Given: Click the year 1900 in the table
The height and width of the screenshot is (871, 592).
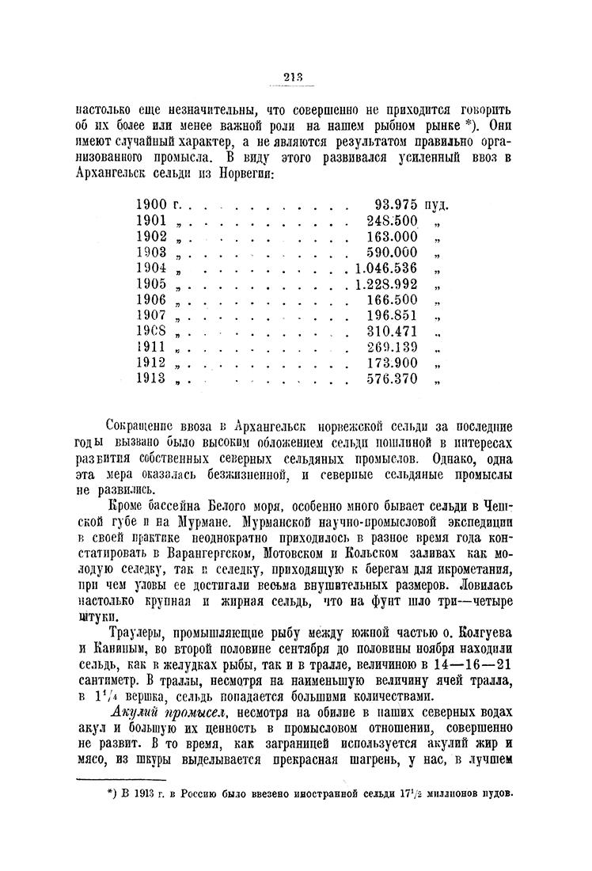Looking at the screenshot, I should pos(152,204).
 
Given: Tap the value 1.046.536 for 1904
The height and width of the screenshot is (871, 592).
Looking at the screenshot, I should pos(381,268).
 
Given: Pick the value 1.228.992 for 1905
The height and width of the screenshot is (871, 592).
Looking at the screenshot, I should pos(381,283).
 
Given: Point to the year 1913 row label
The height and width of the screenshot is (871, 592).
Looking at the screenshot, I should pos(151,378).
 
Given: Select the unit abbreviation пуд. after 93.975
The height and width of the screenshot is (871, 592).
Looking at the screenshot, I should pos(438,205).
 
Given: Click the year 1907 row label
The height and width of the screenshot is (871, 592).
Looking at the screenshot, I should pos(151,315).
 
